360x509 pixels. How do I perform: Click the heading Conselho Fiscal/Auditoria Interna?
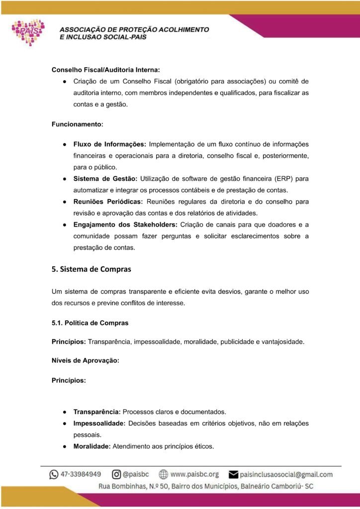point(105,70)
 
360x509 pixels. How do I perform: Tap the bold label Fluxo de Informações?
point(109,144)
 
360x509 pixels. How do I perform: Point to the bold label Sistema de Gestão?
point(105,178)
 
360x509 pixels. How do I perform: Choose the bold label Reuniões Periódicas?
point(108,202)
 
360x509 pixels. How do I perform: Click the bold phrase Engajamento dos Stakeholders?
point(125,224)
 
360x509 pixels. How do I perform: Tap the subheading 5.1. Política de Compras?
point(90,323)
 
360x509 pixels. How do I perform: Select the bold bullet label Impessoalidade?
point(99,424)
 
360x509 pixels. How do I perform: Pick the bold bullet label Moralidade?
point(92,446)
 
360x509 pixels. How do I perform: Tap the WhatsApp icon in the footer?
point(54,474)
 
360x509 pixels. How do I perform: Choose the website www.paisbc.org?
point(194,474)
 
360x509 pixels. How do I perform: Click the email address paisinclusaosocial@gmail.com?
point(286,474)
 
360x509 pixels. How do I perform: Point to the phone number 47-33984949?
point(81,474)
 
